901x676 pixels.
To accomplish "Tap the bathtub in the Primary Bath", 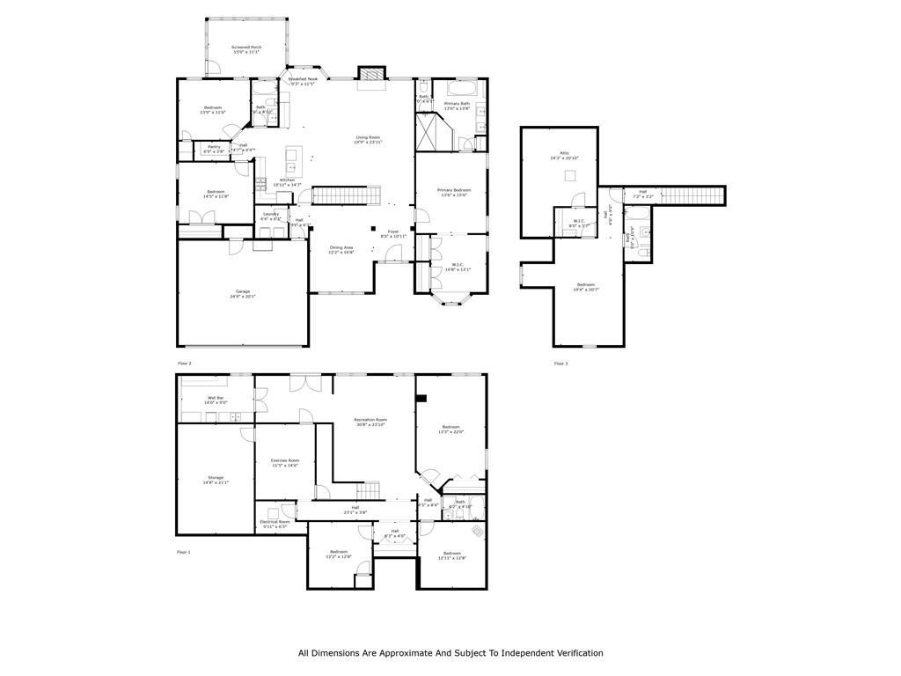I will tap(463, 89).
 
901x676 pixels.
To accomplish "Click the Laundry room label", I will tap(270, 216).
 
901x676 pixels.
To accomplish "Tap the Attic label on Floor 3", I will tap(565, 155).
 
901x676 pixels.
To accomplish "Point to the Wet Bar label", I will tap(216, 400).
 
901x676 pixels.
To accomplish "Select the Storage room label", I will tap(216, 480).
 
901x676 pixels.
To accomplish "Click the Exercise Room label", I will tap(285, 462).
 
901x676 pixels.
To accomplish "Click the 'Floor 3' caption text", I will tap(560, 364).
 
